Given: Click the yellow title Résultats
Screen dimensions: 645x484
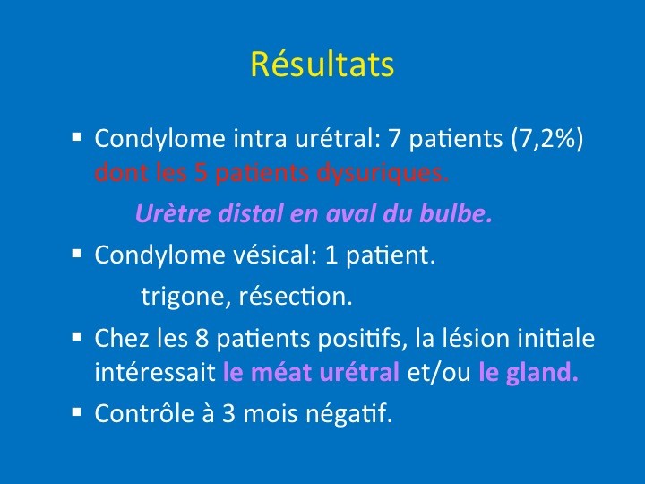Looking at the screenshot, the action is (322, 64).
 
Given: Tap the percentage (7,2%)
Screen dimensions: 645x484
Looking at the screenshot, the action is (547, 138).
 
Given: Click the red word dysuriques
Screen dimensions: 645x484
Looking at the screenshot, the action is (383, 173).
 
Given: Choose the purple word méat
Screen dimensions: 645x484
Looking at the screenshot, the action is (280, 371).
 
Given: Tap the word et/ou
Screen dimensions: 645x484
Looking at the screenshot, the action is (438, 372).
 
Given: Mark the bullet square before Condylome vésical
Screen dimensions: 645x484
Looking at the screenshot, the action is (76, 253).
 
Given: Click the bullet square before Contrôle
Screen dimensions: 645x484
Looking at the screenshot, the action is (76, 411).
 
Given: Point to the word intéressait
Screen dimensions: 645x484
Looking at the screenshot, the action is (155, 372).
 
